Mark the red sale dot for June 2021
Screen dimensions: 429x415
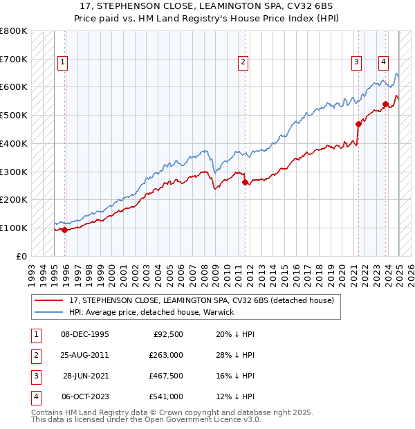tap(359, 125)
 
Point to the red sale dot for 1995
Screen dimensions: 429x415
tap(65, 230)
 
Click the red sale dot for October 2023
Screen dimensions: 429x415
tap(385, 104)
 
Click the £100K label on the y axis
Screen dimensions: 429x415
tap(14, 228)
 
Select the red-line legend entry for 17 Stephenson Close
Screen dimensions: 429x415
tap(201, 300)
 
